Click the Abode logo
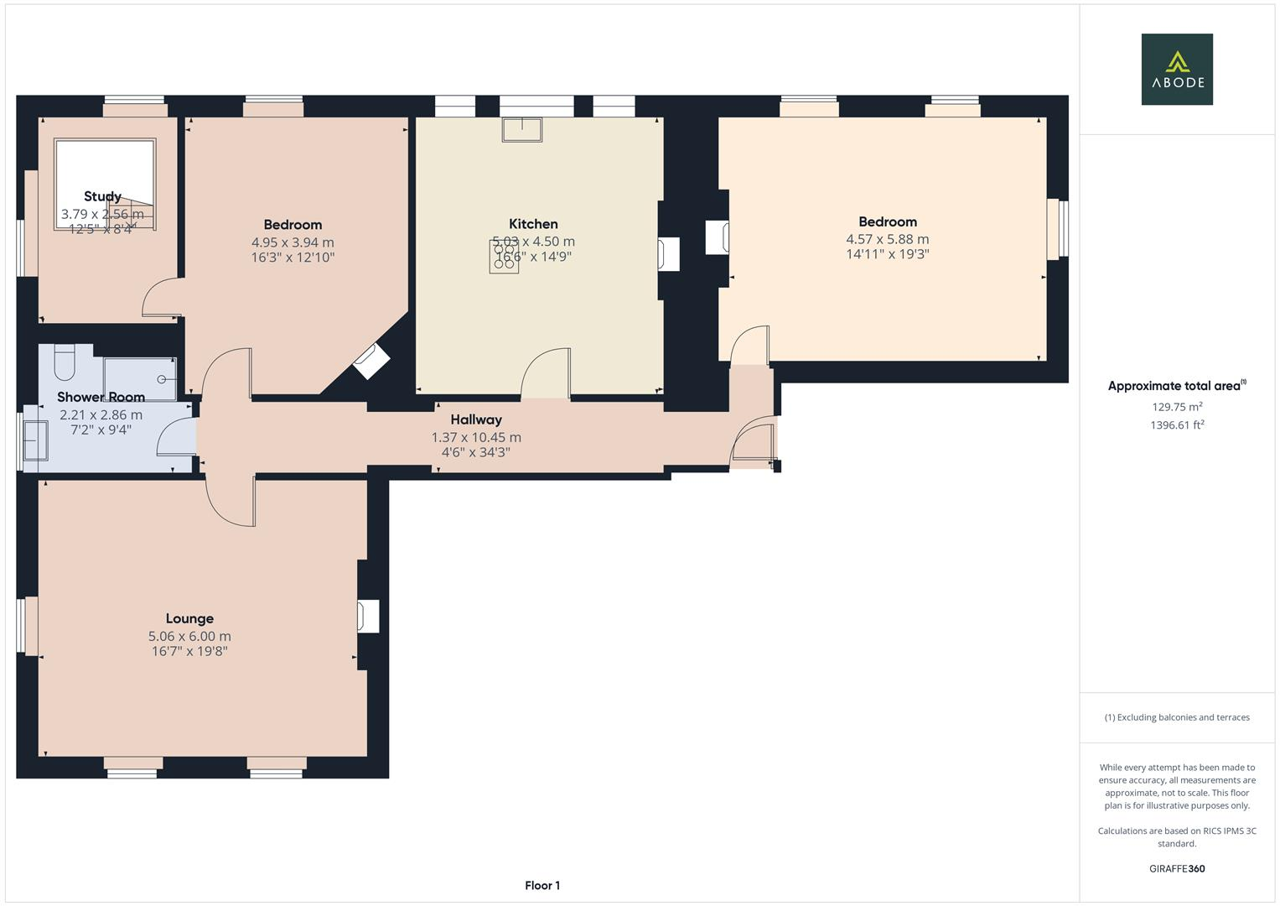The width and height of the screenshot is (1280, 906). point(1177,69)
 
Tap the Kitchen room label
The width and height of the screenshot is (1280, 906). point(533,224)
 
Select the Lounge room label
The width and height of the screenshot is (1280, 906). point(189,619)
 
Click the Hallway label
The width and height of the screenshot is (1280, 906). point(476,420)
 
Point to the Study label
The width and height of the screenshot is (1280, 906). point(102,196)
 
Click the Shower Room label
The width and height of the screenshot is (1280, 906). point(101,397)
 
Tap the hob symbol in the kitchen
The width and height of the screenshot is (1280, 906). point(504,257)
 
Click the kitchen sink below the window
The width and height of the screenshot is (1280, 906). point(522,130)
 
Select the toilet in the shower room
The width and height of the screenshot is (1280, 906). point(65,362)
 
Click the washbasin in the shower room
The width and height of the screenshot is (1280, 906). point(36,440)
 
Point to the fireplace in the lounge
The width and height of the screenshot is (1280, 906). point(368,616)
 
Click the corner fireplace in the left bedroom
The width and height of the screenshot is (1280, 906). point(371,362)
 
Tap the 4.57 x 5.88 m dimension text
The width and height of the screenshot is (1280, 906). point(887,239)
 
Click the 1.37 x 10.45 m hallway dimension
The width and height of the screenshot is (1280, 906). point(476,437)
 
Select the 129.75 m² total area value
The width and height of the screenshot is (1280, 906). point(1177,407)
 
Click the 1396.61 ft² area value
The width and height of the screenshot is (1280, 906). point(1177,425)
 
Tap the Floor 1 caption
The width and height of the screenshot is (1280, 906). point(542,885)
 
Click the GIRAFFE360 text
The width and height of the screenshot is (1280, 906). point(1177,868)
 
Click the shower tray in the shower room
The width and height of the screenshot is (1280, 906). point(140,378)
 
